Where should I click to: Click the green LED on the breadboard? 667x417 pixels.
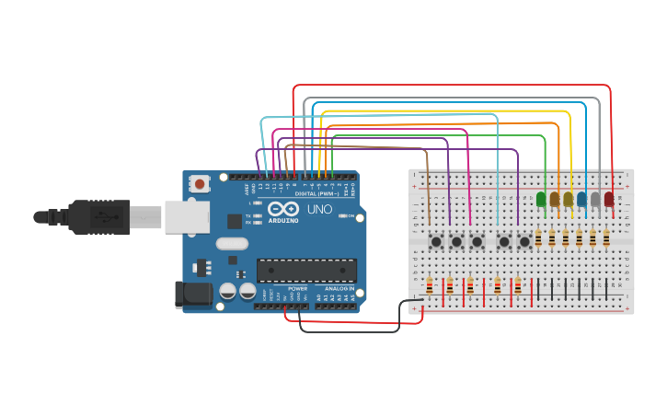541,199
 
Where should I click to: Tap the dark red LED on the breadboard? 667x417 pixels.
609,199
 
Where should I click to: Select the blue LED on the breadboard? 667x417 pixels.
581,199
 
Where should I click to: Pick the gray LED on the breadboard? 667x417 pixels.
595,199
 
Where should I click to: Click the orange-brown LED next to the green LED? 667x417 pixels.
555,199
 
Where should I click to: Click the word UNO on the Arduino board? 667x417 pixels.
319,209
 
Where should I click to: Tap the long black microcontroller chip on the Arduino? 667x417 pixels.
306,270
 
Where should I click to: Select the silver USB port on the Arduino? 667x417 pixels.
186,217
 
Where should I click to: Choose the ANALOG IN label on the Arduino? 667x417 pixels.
339,288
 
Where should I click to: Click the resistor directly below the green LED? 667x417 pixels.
538,238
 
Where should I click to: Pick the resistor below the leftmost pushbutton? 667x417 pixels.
430,286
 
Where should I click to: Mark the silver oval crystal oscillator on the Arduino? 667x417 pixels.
233,244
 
